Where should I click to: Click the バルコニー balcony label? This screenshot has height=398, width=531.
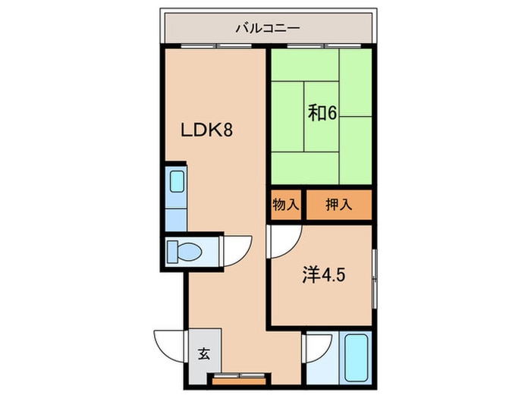tap(268, 28)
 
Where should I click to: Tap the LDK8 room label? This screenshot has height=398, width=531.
tap(206, 130)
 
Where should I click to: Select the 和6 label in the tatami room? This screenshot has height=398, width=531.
tap(322, 113)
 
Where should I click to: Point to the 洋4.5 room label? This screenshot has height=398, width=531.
tap(324, 274)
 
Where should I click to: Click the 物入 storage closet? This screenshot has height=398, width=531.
tap(286, 205)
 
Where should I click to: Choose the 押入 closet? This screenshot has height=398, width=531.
tap(339, 205)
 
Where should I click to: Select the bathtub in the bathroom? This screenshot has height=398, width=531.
tap(356, 357)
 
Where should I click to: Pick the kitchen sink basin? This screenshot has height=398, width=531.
tap(177, 181)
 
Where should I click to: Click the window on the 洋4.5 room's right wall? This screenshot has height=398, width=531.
tap(374, 279)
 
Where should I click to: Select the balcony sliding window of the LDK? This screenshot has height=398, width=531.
tap(216, 45)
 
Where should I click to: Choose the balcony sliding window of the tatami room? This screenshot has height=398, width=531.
tap(324, 45)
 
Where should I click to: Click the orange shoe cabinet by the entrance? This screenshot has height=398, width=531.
tap(239, 381)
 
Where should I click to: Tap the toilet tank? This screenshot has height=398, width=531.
tap(172, 252)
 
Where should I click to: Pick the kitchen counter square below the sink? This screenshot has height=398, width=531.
tap(176, 220)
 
